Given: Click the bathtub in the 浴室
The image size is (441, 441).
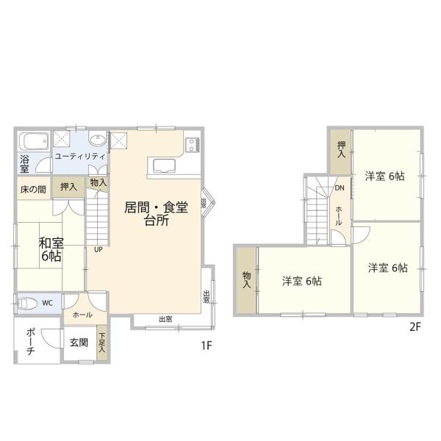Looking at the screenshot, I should [33, 141].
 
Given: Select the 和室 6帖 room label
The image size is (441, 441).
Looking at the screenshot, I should [51, 249].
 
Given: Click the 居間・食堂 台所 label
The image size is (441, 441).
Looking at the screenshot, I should [156, 214].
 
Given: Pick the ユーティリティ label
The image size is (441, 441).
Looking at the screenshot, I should [80, 156].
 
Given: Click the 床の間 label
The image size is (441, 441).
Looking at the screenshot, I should [32, 188].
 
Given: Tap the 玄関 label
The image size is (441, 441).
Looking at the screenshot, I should [79, 343].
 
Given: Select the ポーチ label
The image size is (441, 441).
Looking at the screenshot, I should [30, 342].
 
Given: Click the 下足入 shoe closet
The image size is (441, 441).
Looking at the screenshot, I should [101, 343].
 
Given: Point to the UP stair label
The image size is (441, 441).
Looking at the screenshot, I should [98, 248].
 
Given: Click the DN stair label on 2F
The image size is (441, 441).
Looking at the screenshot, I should [339, 188].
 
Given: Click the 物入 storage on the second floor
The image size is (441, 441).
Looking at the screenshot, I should [246, 279].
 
